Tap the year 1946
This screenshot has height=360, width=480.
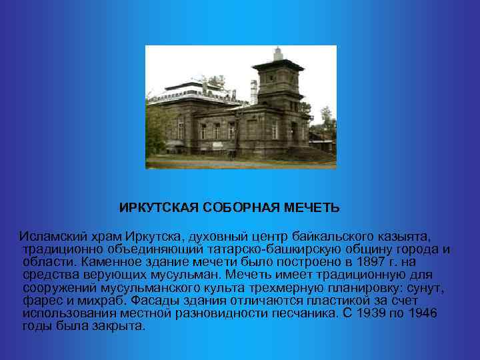point(423,313)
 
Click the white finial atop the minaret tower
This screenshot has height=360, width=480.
point(276,51)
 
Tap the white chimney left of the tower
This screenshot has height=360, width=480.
point(253,91)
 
